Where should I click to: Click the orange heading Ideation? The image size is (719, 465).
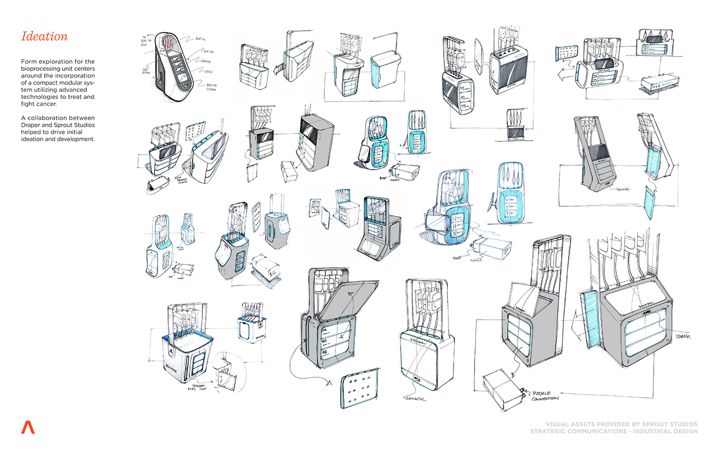pyautogui.click(x=44, y=36)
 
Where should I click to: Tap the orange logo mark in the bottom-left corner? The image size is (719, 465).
pyautogui.click(x=28, y=427)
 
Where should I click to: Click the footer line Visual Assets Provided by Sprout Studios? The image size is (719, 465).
pyautogui.click(x=621, y=424)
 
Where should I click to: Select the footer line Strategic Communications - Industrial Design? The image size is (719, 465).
pyautogui.click(x=614, y=431)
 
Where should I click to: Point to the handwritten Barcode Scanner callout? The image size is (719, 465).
pyautogui.click(x=211, y=87)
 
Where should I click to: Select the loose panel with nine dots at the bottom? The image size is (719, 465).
pyautogui.click(x=359, y=389)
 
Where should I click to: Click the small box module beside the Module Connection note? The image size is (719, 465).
pyautogui.click(x=502, y=390)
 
